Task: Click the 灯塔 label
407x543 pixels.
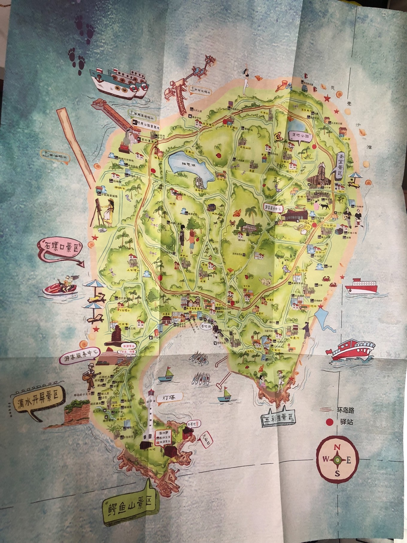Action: click(x=168, y=397)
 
